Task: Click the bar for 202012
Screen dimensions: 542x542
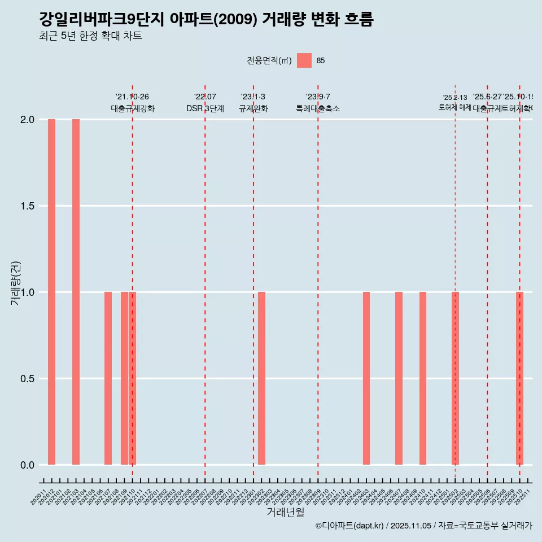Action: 51,292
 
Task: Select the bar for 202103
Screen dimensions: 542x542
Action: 76,292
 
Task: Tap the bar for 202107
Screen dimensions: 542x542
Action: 108,378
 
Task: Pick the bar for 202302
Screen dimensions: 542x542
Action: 261,378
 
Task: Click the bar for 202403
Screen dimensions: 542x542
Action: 366,378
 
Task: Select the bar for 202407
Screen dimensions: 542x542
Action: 399,378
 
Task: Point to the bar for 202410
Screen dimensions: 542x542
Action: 423,378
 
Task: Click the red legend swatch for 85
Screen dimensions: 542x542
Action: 304,60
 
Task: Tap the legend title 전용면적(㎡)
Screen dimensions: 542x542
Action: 269,60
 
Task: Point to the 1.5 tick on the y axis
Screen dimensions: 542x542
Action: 27,206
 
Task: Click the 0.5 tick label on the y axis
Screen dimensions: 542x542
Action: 27,379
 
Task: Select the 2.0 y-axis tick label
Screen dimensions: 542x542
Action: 27,120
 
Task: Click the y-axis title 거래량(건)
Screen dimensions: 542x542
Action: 16,283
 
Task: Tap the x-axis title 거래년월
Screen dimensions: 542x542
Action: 285,513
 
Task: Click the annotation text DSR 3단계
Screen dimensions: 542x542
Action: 205,108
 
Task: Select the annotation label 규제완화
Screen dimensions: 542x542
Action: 253,108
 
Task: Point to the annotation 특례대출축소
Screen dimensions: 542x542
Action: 318,108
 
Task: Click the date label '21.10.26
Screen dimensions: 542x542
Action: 132,97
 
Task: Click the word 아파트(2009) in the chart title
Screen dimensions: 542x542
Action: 214,19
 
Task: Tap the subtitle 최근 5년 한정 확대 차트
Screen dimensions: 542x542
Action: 90,36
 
